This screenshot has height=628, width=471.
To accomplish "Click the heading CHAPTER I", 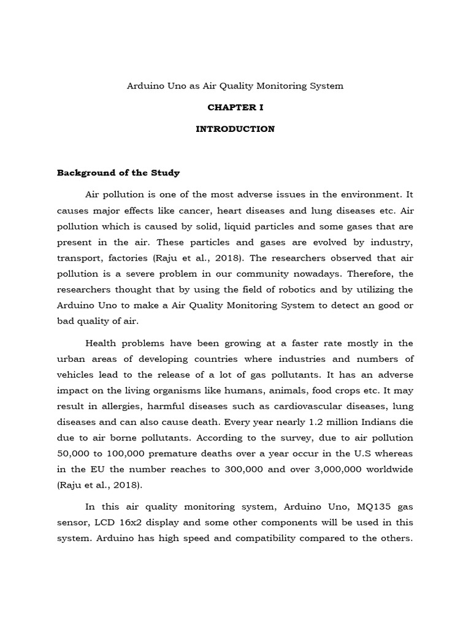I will (x=235, y=107).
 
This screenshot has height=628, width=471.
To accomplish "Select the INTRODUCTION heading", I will (x=235, y=129).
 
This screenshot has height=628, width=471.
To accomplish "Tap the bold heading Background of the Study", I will (x=118, y=173).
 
